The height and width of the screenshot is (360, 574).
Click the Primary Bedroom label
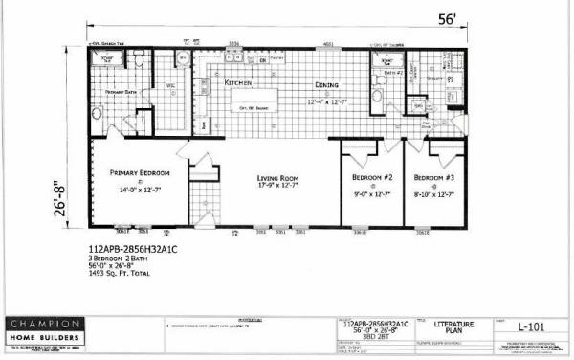pyautogui.click(x=140, y=173)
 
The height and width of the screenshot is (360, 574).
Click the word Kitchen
pyautogui.click(x=237, y=83)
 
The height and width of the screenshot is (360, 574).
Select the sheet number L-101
pyautogui.click(x=531, y=328)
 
